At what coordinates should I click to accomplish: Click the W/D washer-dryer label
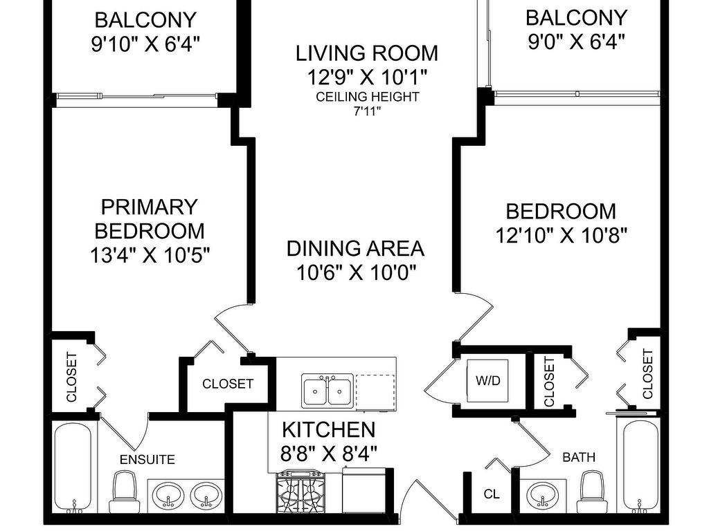pos(488,381)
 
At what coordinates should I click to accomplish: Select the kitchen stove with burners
pos(300,492)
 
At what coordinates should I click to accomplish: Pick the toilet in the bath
pos(593,492)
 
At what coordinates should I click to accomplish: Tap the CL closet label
pos(492,494)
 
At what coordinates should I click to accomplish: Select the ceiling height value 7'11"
pos(367,111)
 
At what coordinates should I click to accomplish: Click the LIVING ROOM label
pos(367,53)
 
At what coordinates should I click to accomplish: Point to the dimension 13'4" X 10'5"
pos(150,255)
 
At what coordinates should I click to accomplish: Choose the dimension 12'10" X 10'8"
pos(561,235)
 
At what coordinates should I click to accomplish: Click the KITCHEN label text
pos(329,430)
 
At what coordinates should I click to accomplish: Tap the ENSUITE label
pos(147,460)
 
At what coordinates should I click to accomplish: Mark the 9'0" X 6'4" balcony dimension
pos(576,42)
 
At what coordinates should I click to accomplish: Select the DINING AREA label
pos(355,249)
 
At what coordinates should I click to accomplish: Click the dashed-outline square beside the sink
pos(375,392)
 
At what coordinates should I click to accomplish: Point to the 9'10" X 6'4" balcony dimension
pos(145,44)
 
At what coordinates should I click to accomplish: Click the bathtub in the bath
pos(640,467)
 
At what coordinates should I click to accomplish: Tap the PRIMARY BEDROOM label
pos(150,219)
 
